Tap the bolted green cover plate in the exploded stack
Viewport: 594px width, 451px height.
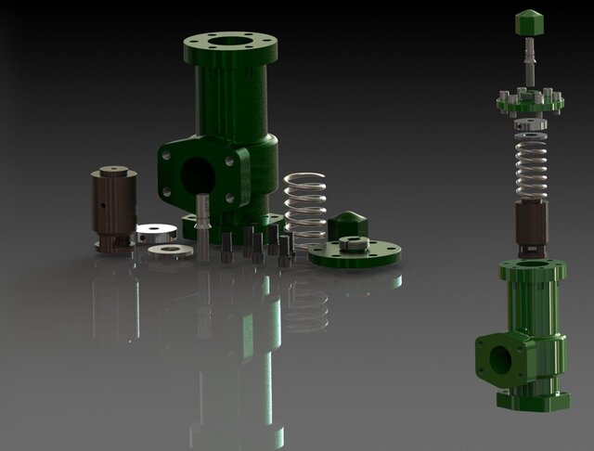tap(530, 101)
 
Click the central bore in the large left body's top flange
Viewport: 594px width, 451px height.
tap(228, 42)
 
